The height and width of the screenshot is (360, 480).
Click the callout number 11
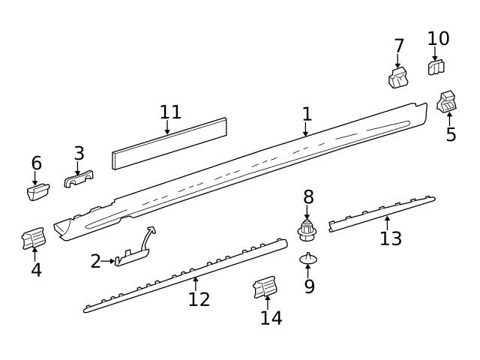pyautogui.click(x=170, y=112)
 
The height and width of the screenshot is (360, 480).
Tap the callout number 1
pyautogui.click(x=307, y=114)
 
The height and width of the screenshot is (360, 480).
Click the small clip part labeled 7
pyautogui.click(x=397, y=78)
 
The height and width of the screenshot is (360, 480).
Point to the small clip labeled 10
pyautogui.click(x=436, y=67)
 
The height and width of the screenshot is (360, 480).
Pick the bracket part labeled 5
pyautogui.click(x=448, y=102)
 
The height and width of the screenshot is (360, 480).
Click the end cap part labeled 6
pyautogui.click(x=38, y=191)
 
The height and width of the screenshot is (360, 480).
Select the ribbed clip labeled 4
pyautogui.click(x=34, y=240)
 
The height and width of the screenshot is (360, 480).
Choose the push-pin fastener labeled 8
pyautogui.click(x=306, y=229)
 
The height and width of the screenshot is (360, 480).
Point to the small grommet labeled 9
pyautogui.click(x=308, y=259)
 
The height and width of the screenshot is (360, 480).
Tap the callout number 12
pyautogui.click(x=199, y=299)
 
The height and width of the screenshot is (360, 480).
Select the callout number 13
pyautogui.click(x=391, y=238)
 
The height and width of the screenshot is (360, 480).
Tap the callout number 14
pyautogui.click(x=271, y=317)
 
